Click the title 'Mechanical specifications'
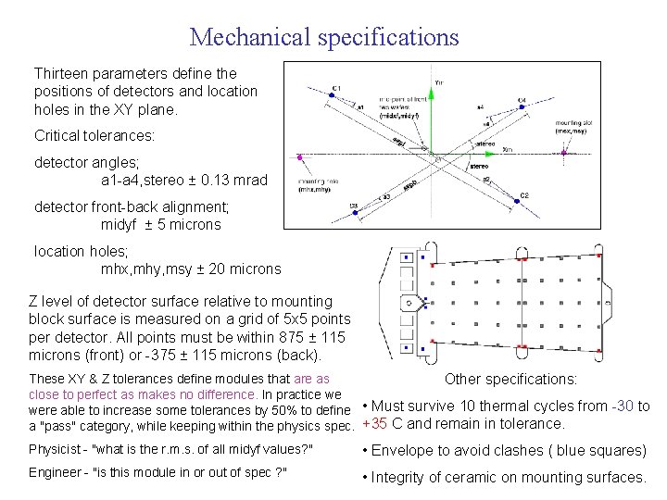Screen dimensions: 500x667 pyautogui.click(x=324, y=37)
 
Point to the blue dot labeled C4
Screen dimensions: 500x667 pyautogui.click(x=522, y=107)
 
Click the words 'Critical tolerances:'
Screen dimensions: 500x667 pyautogui.click(x=94, y=136)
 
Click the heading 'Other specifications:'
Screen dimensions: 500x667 pyautogui.click(x=510, y=379)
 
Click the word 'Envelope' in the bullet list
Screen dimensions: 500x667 pyautogui.click(x=405, y=451)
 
